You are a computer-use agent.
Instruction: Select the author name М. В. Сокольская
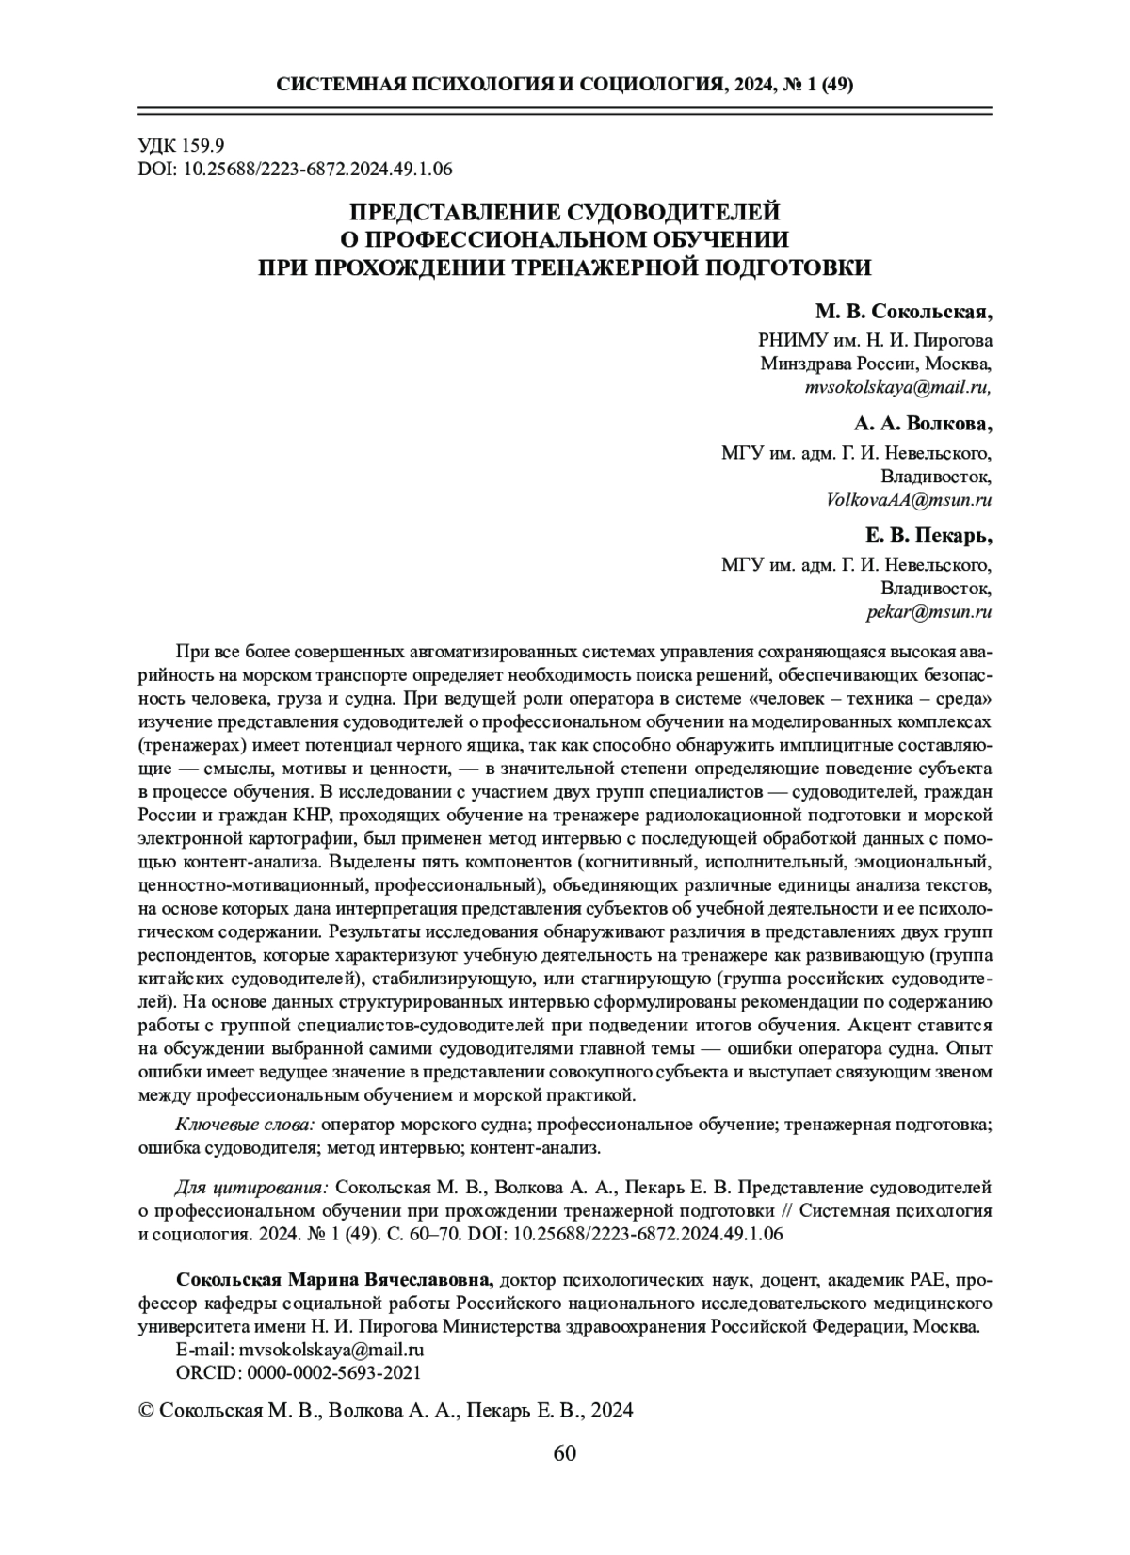(903, 311)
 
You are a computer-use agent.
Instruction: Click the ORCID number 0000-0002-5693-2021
(333, 1372)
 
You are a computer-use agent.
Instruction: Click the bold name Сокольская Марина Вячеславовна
(333, 1281)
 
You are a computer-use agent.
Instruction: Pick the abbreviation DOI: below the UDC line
(155, 169)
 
